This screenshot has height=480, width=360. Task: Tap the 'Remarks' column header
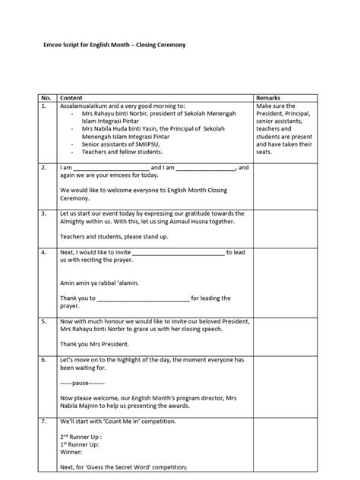[270, 99]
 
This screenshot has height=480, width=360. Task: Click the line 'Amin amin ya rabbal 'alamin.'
[100, 283]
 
